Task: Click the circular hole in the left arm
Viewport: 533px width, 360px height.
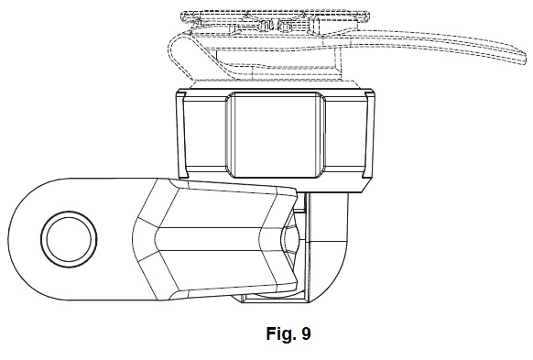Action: tap(69, 239)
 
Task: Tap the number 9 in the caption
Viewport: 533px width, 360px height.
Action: tap(306, 333)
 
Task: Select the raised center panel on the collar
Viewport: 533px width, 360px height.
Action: tap(276, 135)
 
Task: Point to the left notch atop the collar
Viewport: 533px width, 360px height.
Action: tap(182, 93)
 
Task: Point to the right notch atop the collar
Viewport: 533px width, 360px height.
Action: tap(367, 93)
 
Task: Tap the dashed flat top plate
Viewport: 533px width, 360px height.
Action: tap(275, 16)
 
